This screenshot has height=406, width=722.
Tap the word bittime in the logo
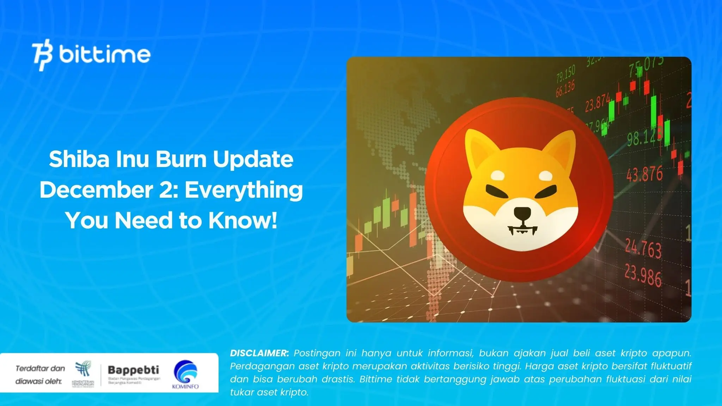105,54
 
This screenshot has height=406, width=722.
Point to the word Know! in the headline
243,220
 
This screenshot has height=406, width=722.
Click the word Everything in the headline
244,190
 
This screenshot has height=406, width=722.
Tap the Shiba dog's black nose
522,213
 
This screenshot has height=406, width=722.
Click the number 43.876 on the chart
644,174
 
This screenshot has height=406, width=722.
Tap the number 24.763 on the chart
643,248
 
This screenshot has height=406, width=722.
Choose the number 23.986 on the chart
643,276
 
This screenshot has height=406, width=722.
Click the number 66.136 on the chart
565,88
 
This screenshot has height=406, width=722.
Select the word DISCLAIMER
259,353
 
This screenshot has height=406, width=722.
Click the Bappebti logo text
133,370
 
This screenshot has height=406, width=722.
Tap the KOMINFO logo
185,375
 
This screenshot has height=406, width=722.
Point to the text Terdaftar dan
40,368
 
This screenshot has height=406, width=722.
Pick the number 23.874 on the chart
597,102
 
